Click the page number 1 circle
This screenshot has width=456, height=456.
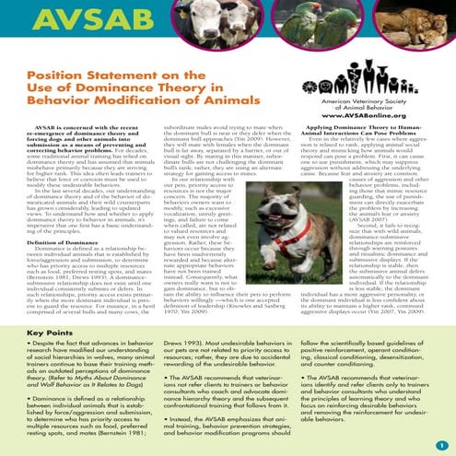click(x=441, y=445)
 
